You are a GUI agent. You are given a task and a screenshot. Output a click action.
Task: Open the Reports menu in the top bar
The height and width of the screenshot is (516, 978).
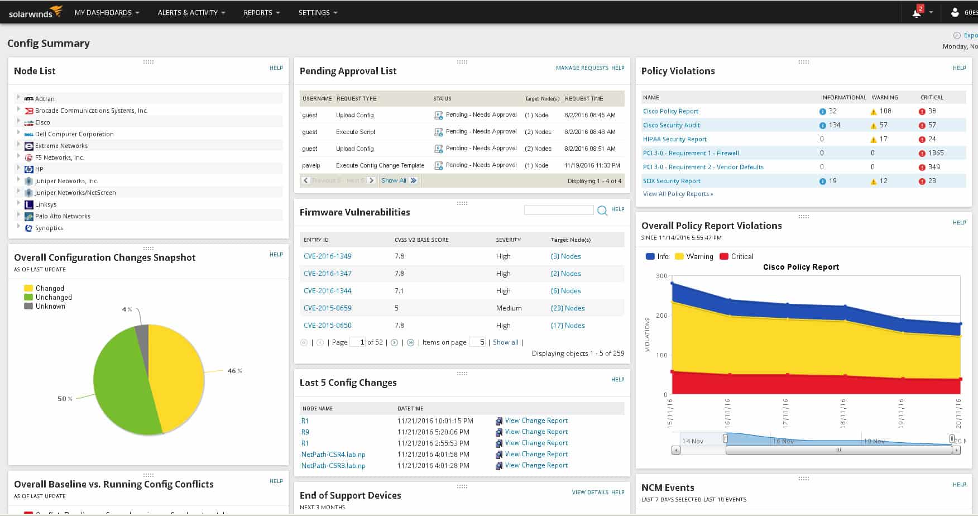click(x=261, y=12)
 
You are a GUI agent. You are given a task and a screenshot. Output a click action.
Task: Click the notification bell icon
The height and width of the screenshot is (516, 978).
click(x=916, y=13)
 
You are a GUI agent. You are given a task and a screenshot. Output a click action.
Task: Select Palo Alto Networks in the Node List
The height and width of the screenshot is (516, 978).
click(x=63, y=216)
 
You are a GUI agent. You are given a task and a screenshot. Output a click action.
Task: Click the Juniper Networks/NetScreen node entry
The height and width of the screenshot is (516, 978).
click(x=75, y=193)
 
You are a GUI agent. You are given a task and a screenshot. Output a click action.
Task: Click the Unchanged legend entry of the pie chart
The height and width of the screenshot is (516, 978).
click(x=53, y=297)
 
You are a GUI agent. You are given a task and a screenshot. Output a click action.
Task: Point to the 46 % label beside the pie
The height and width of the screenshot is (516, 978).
click(x=234, y=371)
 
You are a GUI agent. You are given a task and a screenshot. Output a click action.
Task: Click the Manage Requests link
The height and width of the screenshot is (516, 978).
click(x=582, y=68)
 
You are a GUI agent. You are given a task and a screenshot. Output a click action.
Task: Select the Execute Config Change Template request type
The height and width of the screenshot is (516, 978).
click(x=380, y=165)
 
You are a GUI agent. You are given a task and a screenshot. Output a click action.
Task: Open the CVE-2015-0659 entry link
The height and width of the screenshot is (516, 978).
click(x=328, y=308)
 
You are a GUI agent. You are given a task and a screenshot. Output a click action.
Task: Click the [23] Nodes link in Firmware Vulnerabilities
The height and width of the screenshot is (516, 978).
click(x=568, y=308)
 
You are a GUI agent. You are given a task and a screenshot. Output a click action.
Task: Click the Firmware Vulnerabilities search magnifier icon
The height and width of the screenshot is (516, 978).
click(x=602, y=211)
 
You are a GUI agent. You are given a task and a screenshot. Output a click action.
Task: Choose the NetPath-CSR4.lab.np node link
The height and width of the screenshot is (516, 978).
click(x=333, y=455)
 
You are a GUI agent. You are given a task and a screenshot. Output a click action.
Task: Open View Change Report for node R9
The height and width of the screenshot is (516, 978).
click(x=536, y=432)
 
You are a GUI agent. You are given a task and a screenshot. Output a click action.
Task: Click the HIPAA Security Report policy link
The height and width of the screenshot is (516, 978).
click(x=674, y=139)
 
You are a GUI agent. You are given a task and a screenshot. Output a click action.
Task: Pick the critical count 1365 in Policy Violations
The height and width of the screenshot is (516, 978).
click(x=936, y=153)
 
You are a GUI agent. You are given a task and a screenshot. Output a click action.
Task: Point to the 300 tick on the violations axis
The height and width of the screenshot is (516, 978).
click(x=661, y=276)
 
